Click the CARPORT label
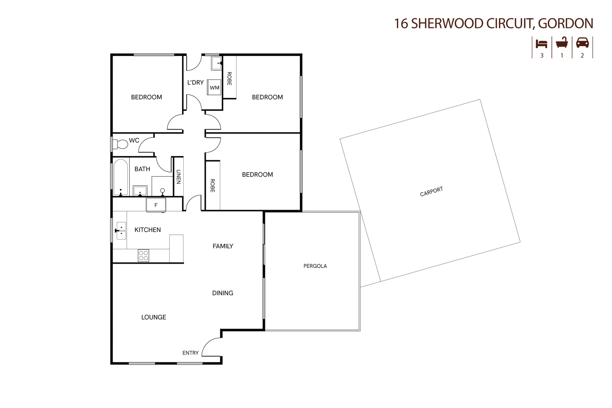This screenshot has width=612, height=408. (431, 192)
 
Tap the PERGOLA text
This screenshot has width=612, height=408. (315, 266)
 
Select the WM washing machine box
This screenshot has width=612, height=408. (215, 88)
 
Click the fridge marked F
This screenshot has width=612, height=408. (156, 205)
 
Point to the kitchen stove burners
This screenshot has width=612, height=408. (144, 255)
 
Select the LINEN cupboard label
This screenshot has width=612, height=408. (178, 176)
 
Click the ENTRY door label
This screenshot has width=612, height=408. (190, 353)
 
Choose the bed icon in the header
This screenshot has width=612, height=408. (541, 43)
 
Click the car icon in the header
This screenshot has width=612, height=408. (582, 43)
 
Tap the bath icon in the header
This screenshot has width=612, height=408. (562, 43)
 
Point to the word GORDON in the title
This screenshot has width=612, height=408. (565, 23)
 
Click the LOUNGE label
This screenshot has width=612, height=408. (154, 317)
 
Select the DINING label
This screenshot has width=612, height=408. (223, 293)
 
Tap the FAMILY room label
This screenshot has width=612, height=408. (223, 246)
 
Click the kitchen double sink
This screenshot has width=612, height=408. (121, 230)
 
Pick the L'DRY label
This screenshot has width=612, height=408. (195, 82)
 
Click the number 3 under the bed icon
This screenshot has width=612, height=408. (542, 56)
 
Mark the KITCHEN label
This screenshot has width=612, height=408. (148, 230)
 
